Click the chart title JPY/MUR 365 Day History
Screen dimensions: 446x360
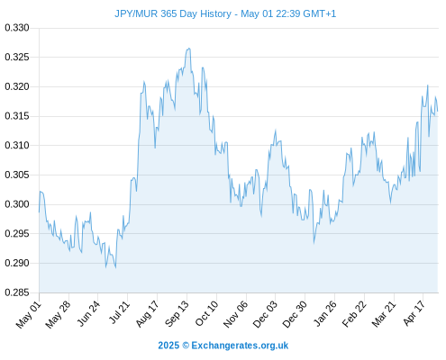coord(173,13)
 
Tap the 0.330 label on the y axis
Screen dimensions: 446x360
coord(17,28)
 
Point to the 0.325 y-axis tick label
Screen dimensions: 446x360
coord(17,57)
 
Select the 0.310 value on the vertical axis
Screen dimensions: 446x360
coord(17,145)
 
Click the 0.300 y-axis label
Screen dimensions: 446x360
coord(17,204)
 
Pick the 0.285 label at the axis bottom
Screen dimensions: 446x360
coord(17,292)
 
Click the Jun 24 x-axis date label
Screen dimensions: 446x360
coord(88,314)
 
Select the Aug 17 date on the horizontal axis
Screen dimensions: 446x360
coord(147,314)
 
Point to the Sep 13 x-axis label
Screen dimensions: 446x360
coord(177,314)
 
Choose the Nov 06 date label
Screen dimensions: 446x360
coord(236,314)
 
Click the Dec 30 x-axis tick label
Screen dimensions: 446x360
coord(295,314)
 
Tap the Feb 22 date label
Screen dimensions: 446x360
coord(354,314)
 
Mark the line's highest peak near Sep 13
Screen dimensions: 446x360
coord(189,49)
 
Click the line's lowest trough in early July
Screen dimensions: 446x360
coord(115,267)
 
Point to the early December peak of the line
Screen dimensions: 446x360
coord(275,130)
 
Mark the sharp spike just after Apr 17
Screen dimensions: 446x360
coord(428,85)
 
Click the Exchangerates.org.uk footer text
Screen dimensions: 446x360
coord(240,346)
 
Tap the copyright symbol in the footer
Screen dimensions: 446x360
coord(186,346)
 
